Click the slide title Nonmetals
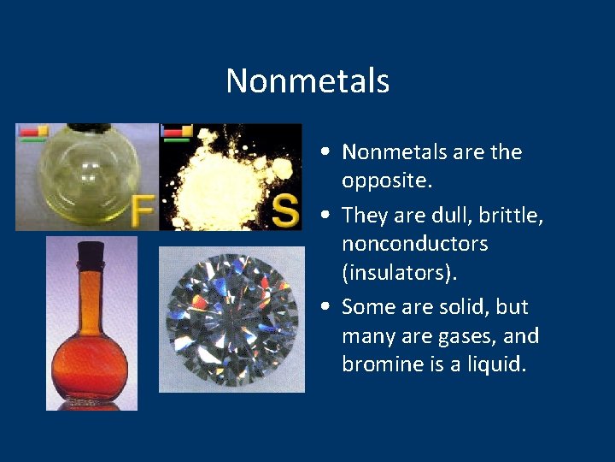(307, 81)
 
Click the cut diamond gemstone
(231, 319)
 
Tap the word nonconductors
(414, 244)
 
